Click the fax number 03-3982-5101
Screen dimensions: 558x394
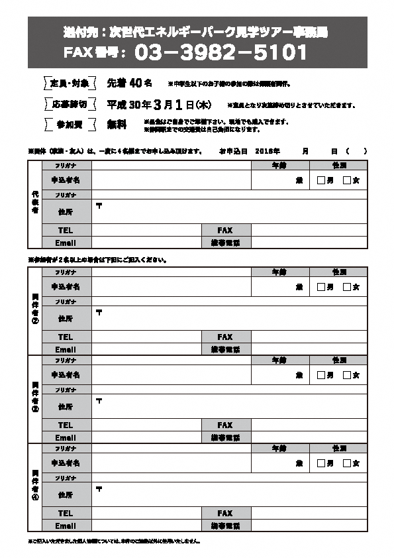(x=221, y=52)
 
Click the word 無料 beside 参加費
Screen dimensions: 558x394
(x=117, y=125)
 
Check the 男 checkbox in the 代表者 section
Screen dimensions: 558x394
(x=321, y=180)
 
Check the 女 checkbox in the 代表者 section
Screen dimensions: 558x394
(x=346, y=180)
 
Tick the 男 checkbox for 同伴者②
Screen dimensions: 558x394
(x=321, y=287)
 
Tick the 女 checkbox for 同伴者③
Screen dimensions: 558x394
(x=346, y=375)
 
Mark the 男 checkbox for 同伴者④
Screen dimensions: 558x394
(x=321, y=463)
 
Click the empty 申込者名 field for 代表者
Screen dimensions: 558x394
(x=171, y=180)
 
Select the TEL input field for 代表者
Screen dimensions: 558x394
(x=146, y=230)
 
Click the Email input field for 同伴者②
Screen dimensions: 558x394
(x=146, y=349)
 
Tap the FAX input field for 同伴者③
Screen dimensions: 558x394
(x=309, y=425)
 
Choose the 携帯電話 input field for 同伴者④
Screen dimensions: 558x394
(x=309, y=526)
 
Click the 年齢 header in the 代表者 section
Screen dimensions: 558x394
(x=279, y=164)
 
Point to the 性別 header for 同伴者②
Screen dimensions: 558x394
(x=339, y=272)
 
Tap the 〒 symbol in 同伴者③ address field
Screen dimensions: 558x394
(x=99, y=400)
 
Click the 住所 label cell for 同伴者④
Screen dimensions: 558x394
(x=66, y=494)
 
